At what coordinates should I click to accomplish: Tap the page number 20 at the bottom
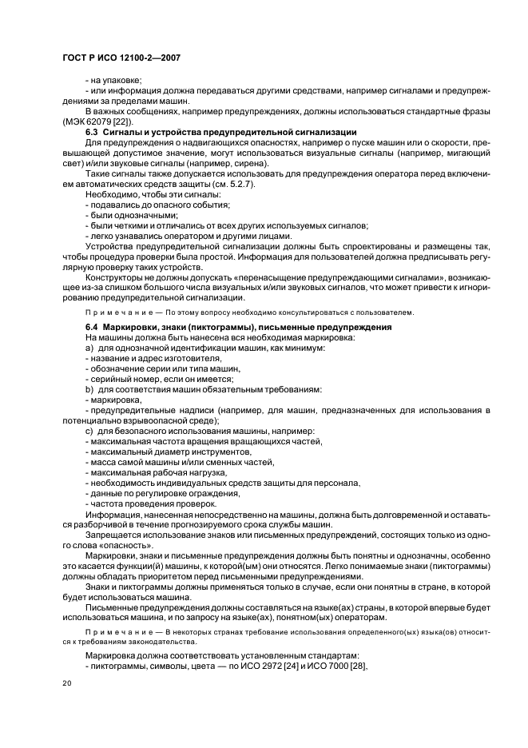coord(66,683)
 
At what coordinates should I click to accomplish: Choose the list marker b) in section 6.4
coord(89,389)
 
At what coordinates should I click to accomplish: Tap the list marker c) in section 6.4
coord(89,432)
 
